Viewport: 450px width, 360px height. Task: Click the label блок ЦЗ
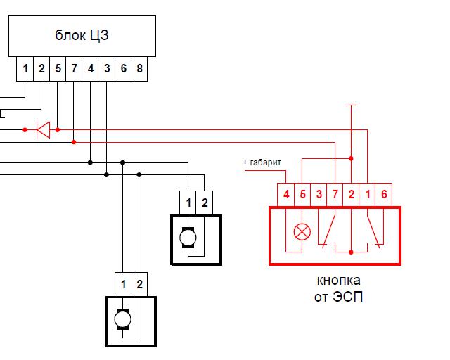click(82, 35)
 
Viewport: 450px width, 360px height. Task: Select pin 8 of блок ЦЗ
click(139, 69)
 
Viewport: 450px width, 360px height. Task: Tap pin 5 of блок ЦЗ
click(58, 69)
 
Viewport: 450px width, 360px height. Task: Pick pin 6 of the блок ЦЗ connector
click(124, 69)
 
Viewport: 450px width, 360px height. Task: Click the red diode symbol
click(43, 130)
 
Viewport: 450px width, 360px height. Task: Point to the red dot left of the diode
click(25, 130)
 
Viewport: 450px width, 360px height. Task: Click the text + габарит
click(262, 162)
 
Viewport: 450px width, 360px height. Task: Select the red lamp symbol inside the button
click(302, 231)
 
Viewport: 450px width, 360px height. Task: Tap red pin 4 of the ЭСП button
click(286, 194)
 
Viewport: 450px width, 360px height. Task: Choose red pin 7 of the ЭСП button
click(335, 194)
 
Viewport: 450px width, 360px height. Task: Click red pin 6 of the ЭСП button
click(384, 194)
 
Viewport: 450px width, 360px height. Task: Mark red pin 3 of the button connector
click(319, 194)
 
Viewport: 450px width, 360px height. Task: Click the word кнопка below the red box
click(339, 280)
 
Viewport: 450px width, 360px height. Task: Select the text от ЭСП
click(339, 297)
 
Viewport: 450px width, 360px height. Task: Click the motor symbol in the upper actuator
click(188, 238)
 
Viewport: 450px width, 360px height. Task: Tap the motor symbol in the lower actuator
click(122, 319)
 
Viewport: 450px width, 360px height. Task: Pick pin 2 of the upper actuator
click(205, 202)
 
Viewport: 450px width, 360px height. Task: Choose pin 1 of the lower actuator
click(123, 284)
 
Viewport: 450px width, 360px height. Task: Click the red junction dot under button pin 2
click(351, 252)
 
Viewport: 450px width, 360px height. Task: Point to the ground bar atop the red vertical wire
click(351, 105)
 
